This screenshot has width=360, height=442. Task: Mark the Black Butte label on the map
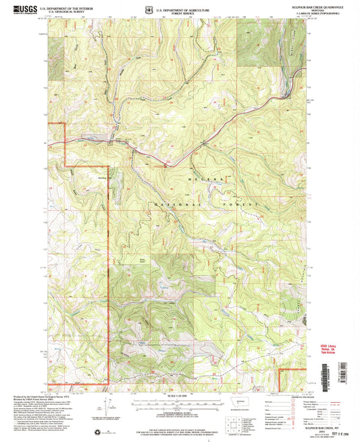pos(143,258)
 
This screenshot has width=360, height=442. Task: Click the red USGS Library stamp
pos(333,346)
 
